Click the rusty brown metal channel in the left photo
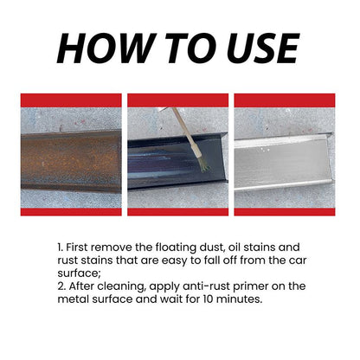pos(71,160)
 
